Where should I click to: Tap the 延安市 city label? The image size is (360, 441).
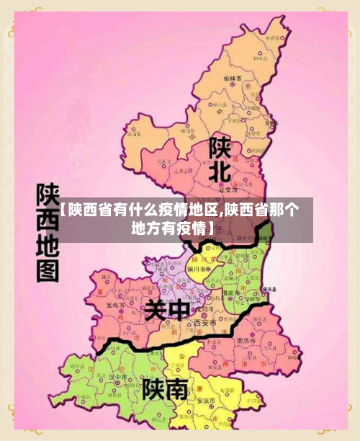229,190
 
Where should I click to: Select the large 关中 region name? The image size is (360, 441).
167,311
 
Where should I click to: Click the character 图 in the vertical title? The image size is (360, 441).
48,269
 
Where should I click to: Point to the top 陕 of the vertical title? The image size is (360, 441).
48,194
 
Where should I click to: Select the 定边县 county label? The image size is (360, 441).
135,133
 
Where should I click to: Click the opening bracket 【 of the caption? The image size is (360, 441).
63,211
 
